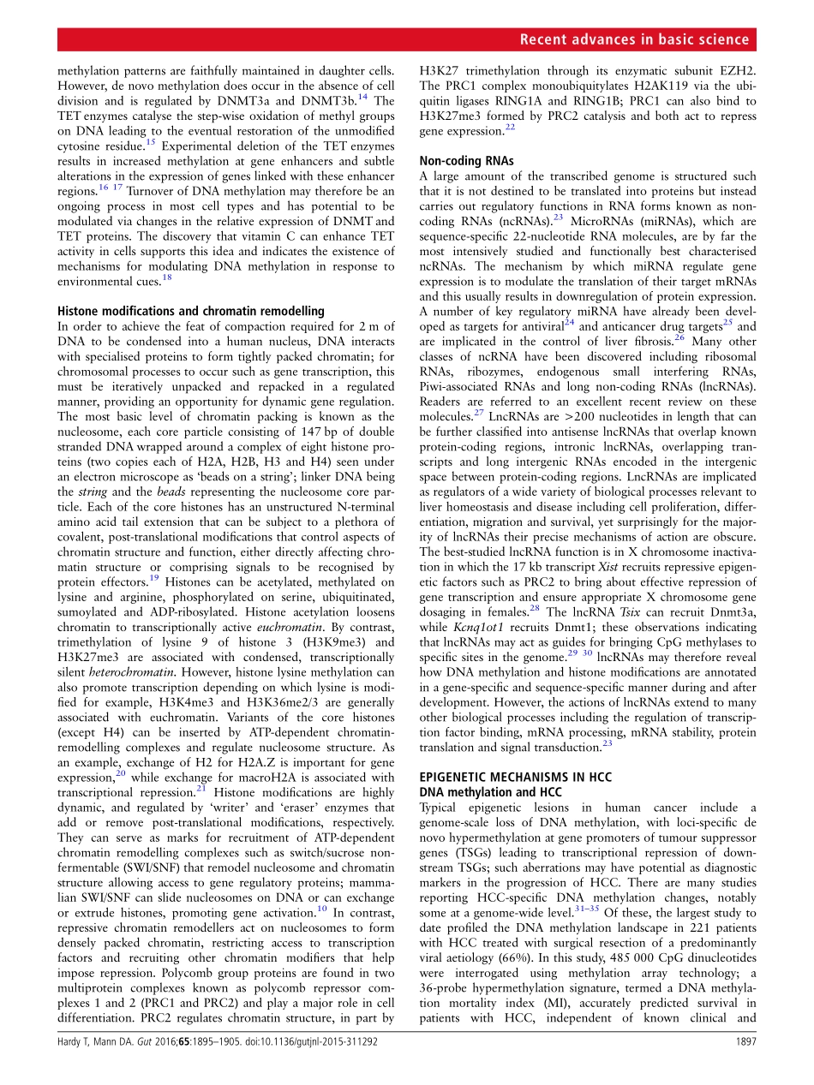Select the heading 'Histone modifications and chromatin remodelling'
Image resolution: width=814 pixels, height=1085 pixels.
pos(190,311)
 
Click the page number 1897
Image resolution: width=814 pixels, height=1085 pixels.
pos(744,1066)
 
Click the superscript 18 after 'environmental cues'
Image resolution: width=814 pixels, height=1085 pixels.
pos(166,277)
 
